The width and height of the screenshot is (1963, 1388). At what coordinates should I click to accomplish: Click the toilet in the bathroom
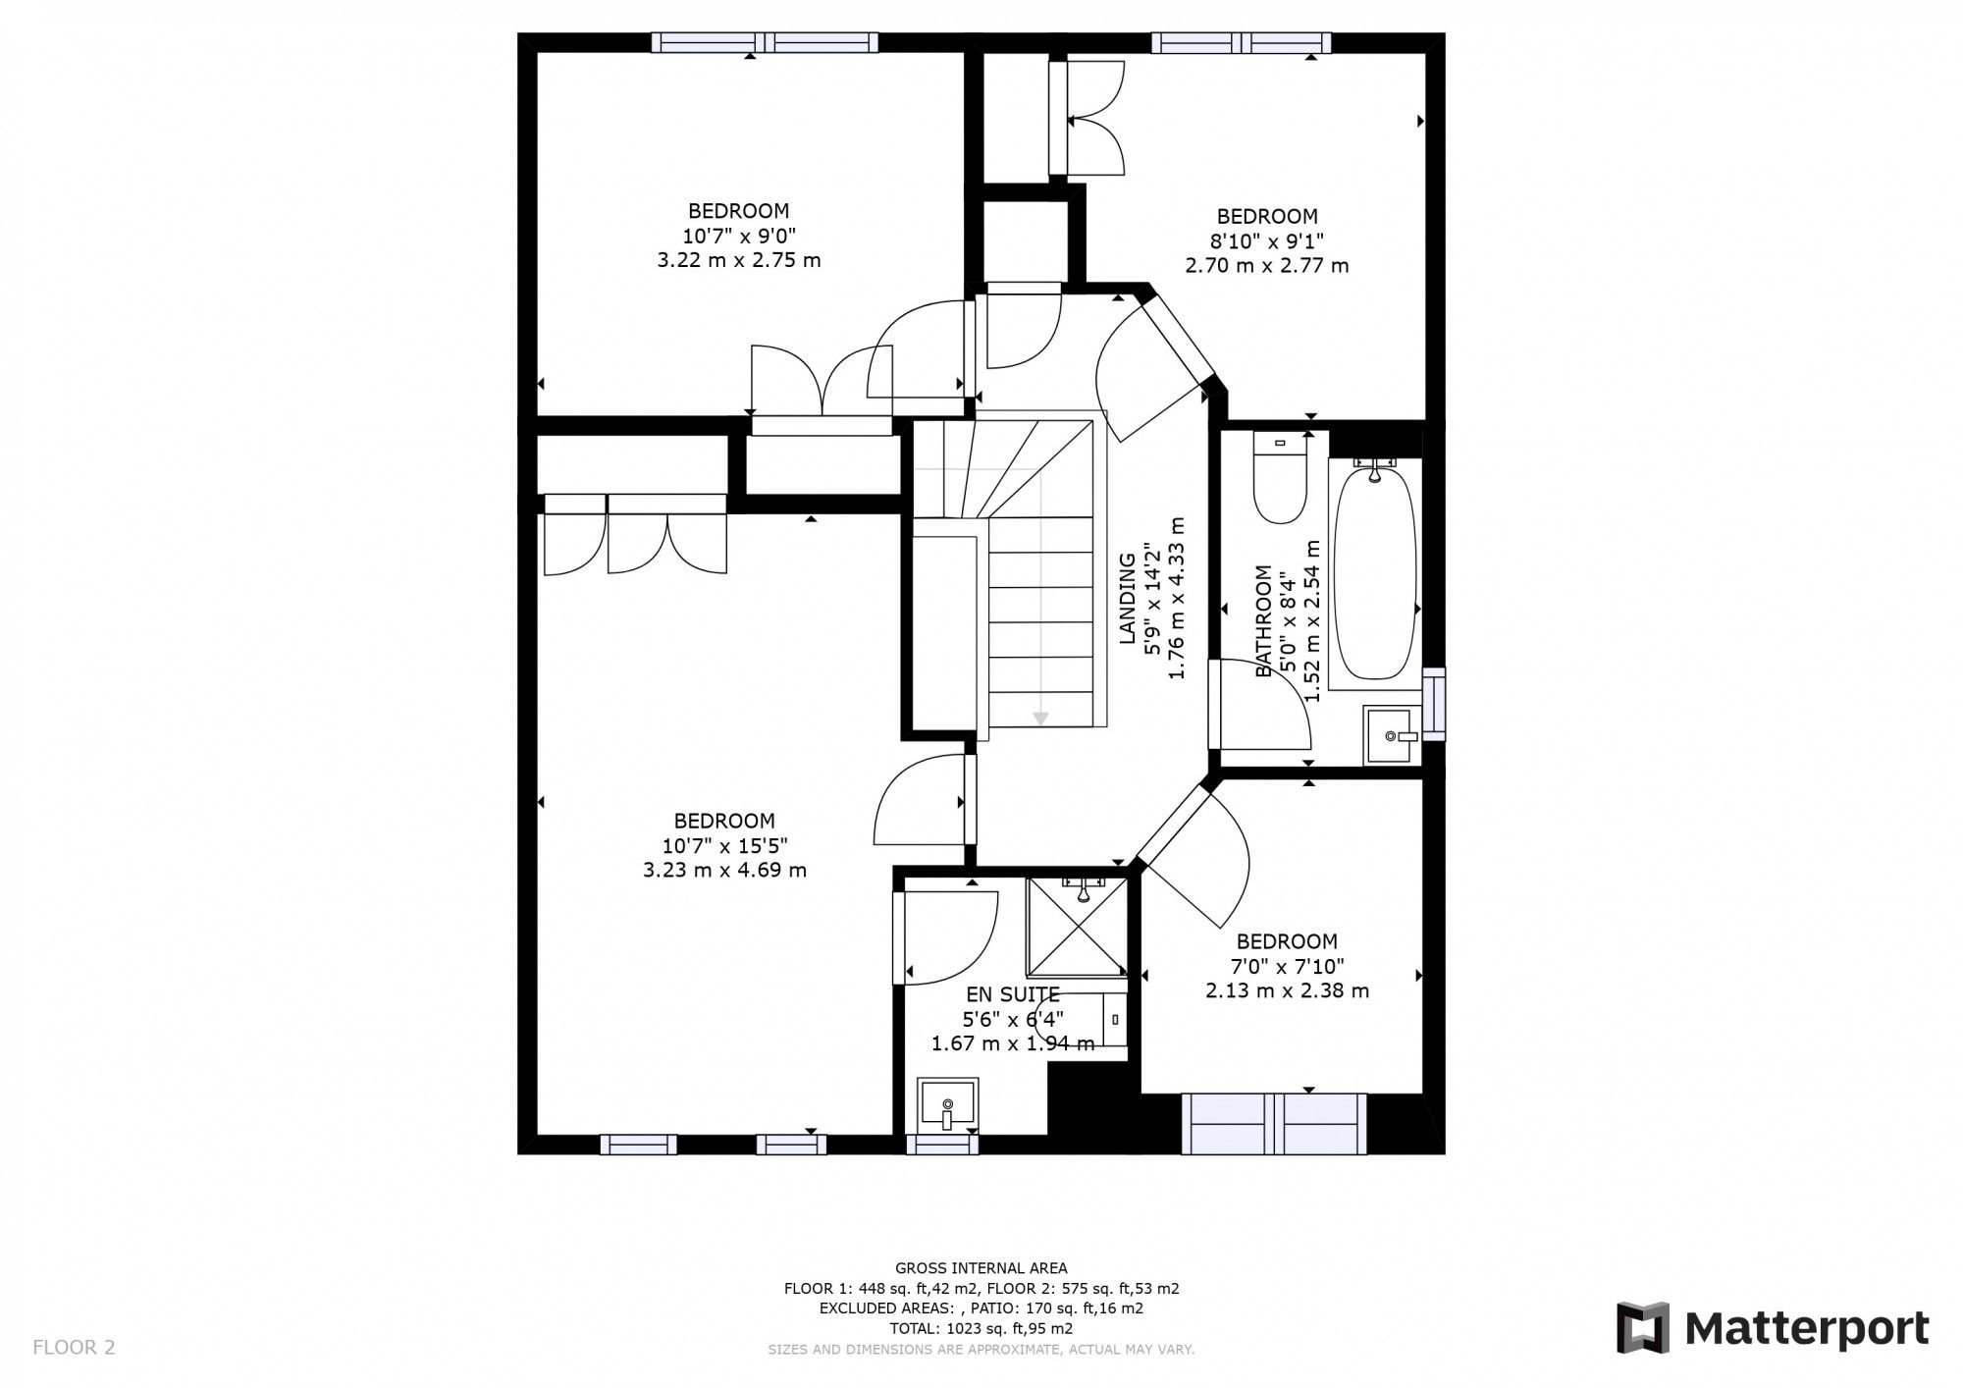(1280, 483)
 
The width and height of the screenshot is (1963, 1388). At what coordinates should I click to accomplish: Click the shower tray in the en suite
(1077, 927)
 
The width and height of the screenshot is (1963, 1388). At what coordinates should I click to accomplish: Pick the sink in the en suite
(947, 1105)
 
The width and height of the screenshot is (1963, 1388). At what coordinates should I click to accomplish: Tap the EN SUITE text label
(1013, 993)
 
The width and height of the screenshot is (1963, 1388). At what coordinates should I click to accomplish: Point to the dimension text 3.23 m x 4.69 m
(724, 871)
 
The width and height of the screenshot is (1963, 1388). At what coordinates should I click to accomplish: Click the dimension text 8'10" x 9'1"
(1267, 240)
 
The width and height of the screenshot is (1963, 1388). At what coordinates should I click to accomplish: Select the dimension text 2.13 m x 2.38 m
(1287, 990)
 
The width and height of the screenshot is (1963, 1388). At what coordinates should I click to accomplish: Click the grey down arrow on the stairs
(1040, 720)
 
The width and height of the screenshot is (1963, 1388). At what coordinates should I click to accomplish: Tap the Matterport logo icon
(1643, 1327)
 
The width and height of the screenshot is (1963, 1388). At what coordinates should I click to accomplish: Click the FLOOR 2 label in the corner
(74, 1348)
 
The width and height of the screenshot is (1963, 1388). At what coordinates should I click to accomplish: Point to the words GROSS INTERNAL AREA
(981, 1268)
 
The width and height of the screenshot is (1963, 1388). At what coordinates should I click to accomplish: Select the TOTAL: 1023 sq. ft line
(981, 1329)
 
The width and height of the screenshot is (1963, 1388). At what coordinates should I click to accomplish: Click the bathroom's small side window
(1434, 703)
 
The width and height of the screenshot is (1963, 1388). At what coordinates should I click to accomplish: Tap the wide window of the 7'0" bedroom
(1273, 1124)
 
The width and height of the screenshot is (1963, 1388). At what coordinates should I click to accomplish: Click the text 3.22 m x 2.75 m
(738, 261)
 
